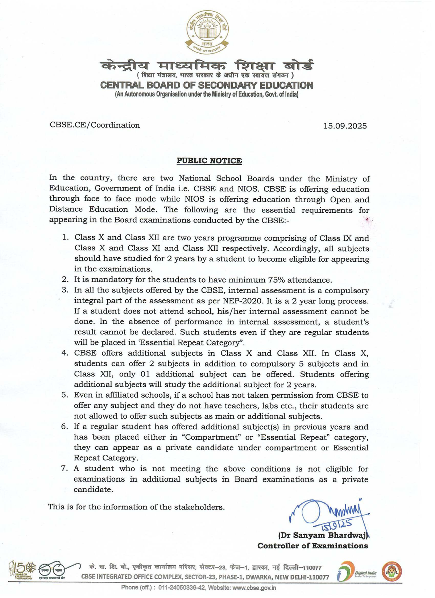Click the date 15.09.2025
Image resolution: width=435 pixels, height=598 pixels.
[x=345, y=126]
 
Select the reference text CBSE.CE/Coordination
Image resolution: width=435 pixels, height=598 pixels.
[x=95, y=125]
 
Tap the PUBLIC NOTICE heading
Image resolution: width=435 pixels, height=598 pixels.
[x=209, y=161]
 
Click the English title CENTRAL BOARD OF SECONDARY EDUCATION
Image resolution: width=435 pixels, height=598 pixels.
[x=207, y=86]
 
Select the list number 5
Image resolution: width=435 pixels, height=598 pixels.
[x=65, y=395]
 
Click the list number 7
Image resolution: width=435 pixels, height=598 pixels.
[x=65, y=469]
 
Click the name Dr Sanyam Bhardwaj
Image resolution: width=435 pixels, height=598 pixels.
[x=323, y=535]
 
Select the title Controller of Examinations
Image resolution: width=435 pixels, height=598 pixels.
[x=312, y=546]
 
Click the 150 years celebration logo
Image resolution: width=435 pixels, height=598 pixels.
[x=22, y=570]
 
